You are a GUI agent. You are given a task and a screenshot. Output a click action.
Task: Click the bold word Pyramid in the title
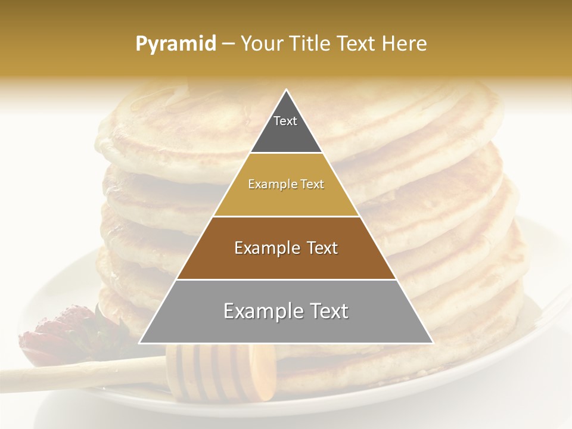[x=175, y=44]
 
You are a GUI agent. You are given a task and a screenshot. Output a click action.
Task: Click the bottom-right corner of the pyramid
[x=432, y=343]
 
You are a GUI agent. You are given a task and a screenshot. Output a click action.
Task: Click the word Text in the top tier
[x=285, y=121]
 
